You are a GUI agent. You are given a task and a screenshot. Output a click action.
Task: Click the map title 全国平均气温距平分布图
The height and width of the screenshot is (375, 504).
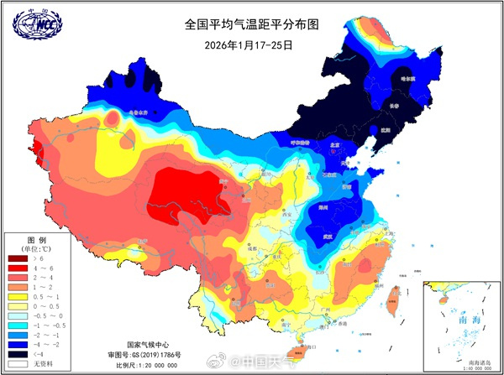coord(249,25)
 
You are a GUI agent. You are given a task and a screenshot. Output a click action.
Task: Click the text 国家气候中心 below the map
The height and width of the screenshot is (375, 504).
coord(152,345)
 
